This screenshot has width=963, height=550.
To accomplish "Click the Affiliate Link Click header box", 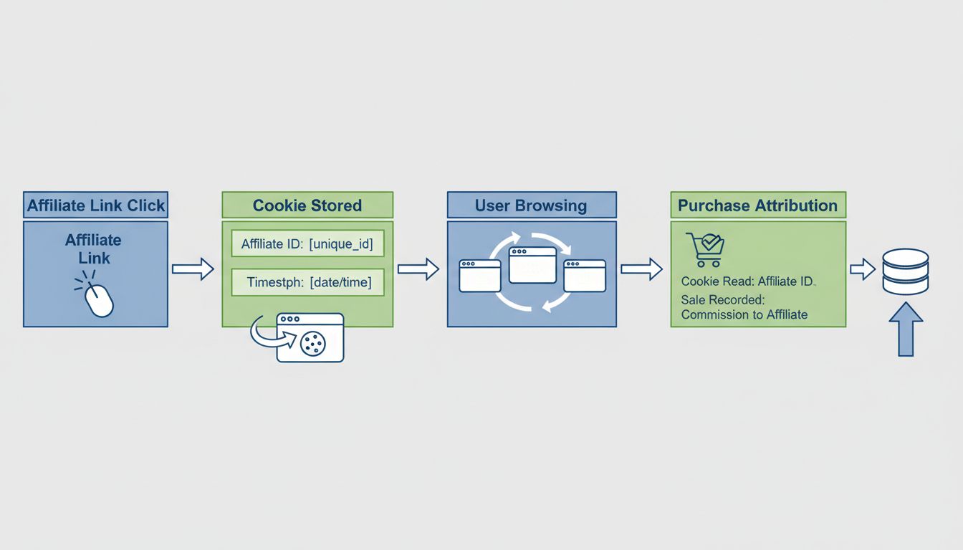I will [95, 206].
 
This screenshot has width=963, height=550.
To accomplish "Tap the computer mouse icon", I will [99, 299].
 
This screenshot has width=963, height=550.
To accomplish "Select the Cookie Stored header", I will [307, 206].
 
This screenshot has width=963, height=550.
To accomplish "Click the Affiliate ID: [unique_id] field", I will [307, 244].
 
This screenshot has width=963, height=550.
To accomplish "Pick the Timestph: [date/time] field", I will [307, 282].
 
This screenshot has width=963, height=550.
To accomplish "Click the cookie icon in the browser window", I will [313, 344].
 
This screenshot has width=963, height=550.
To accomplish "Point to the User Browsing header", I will [531, 206].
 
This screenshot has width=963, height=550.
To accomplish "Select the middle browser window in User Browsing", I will [532, 265].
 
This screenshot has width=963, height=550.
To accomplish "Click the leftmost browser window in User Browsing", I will [479, 276].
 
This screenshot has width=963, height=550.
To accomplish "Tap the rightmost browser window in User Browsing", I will [585, 276].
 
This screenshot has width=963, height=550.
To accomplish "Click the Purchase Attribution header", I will [757, 206].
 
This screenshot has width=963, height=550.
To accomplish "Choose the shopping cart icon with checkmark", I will [705, 249].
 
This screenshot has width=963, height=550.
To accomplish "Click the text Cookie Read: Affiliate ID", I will [747, 282].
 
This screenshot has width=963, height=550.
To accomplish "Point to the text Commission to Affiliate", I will [744, 314].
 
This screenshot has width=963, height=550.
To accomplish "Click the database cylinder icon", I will [906, 271].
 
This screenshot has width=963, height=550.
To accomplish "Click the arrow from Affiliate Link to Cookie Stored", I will [193, 269].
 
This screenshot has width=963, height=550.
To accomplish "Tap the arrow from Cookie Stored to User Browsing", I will [418, 269].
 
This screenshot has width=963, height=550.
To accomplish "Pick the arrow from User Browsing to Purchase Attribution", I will [641, 269].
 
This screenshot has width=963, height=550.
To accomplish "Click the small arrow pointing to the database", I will [863, 269].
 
